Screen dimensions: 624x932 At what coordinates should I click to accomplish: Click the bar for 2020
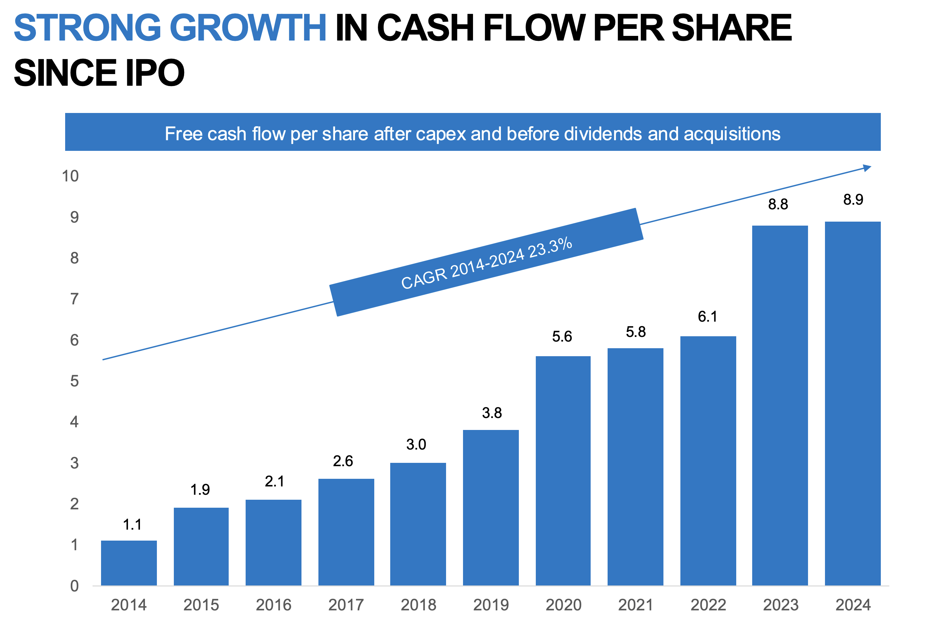(563, 470)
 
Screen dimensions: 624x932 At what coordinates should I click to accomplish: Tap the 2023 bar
(779, 405)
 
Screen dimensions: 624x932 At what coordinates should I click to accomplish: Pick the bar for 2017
(346, 532)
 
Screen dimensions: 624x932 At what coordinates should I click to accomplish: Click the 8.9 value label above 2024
(853, 199)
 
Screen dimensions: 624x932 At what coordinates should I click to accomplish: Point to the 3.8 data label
(492, 413)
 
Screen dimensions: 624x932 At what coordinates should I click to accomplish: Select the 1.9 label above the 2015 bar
(200, 489)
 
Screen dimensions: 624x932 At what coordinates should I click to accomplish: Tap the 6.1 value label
(707, 316)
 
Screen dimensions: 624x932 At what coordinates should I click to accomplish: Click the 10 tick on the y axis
(70, 176)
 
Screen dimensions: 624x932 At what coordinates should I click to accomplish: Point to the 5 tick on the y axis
(74, 381)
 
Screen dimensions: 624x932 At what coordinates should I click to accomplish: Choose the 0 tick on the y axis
(74, 586)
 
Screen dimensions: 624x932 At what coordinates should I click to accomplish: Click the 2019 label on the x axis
(491, 605)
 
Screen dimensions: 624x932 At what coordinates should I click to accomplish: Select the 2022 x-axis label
(708, 605)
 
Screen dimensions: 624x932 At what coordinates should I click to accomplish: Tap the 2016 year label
(274, 605)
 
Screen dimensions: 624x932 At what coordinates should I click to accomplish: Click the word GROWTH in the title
(248, 28)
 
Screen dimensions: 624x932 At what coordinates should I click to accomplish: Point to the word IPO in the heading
(155, 73)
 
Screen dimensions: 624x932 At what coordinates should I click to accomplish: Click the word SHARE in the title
(732, 28)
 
